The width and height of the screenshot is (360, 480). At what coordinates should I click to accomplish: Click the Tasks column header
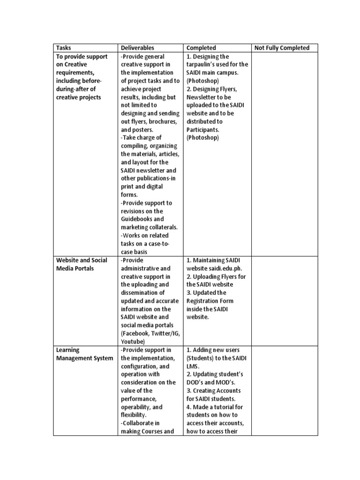63,48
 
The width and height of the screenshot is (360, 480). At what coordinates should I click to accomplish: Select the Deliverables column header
137,48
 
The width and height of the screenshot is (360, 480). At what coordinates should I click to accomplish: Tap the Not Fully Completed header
281,48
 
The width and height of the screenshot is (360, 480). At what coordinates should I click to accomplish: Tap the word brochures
162,121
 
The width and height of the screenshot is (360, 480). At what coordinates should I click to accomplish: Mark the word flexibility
135,415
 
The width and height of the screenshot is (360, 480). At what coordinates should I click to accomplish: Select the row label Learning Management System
84,354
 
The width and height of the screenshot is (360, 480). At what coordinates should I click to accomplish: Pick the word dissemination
140,293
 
